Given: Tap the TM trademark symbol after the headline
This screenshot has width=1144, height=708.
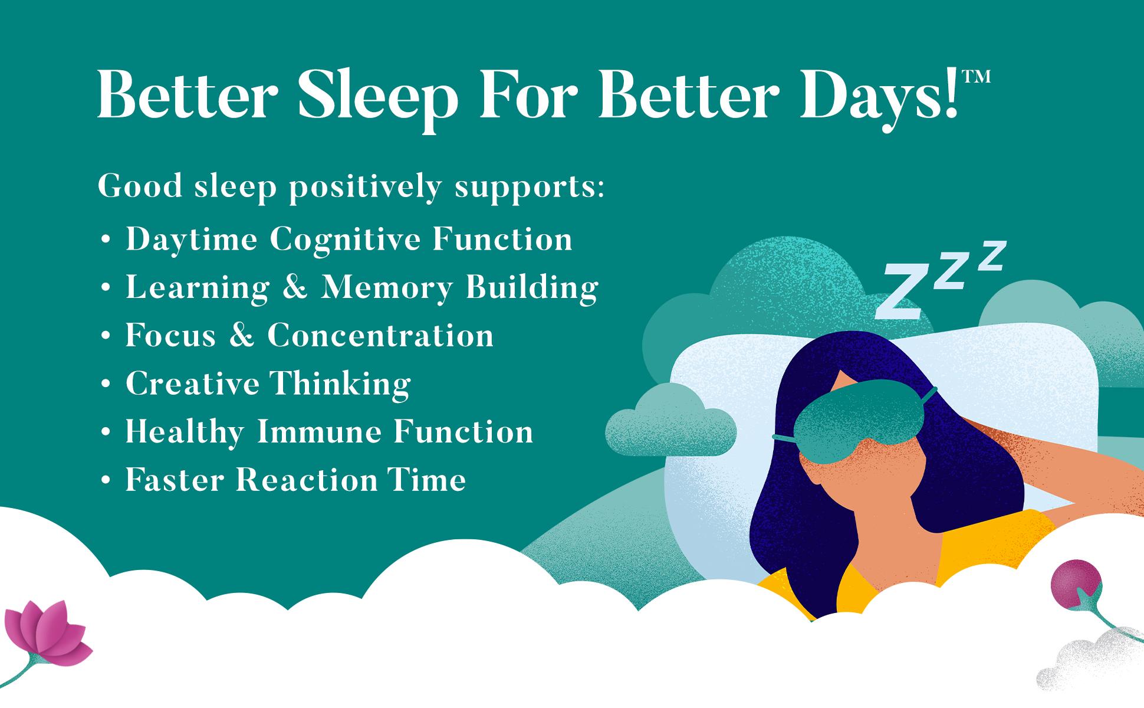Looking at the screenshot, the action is tap(977, 77).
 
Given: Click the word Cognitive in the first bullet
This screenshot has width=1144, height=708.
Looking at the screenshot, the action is tap(346, 240).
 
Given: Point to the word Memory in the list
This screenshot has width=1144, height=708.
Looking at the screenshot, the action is tap(387, 288).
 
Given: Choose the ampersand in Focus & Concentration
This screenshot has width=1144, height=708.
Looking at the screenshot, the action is tap(242, 335).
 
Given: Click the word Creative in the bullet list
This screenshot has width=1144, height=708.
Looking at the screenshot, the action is tap(193, 383).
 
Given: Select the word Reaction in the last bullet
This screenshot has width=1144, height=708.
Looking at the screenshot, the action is tap(307, 480).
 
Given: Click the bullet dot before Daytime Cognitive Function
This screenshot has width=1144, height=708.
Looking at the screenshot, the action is tap(106, 240).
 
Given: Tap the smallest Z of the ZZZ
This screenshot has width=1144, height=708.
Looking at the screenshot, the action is tap(992, 255).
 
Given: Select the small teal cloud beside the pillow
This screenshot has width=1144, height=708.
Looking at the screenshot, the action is tap(670, 421).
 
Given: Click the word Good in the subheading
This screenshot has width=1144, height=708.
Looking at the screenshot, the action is tap(140, 186).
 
